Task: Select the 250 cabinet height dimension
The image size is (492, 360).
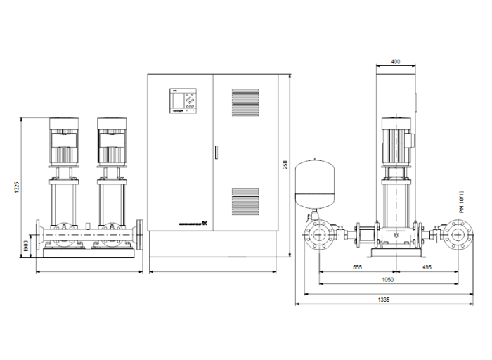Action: [x=285, y=164]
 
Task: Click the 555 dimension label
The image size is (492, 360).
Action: [x=356, y=268]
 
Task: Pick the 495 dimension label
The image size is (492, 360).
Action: [x=427, y=268]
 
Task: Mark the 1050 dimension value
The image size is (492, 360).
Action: [x=387, y=279]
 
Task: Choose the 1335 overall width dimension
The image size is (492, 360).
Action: [x=384, y=300]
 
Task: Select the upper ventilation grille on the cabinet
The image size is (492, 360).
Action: [x=245, y=101]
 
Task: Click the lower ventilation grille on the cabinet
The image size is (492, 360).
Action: [x=245, y=201]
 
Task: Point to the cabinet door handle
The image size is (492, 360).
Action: [x=216, y=151]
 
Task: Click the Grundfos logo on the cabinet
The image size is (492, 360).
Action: [x=191, y=225]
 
